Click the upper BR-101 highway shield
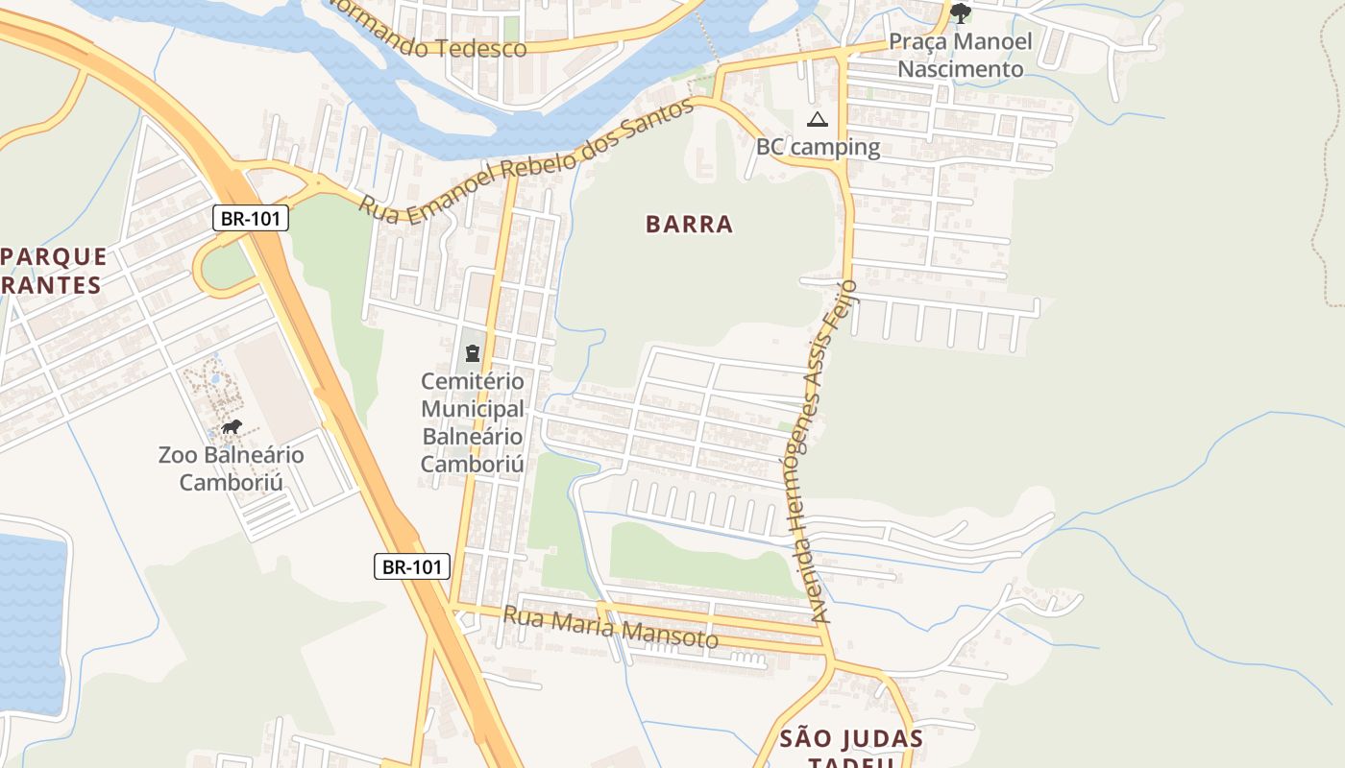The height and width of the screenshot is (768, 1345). [x=250, y=218]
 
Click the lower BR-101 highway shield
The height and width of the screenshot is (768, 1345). [x=411, y=566]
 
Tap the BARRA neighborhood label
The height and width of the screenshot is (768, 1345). [x=689, y=225]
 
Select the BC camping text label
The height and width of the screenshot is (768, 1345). [x=818, y=147]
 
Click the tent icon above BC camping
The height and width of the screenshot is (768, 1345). [x=817, y=119]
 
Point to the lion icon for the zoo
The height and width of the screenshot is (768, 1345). [x=231, y=427]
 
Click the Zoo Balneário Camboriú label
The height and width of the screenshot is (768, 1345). [x=231, y=468]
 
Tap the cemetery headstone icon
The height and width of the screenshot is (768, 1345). [x=472, y=353]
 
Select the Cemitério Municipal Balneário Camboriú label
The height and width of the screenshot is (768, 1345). [x=473, y=423]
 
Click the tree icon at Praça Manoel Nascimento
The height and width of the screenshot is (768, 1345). [x=960, y=13]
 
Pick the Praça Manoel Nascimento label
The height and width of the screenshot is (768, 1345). [x=960, y=55]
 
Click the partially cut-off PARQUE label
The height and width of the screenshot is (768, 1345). [x=54, y=257]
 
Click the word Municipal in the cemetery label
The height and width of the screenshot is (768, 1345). [x=473, y=409]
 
